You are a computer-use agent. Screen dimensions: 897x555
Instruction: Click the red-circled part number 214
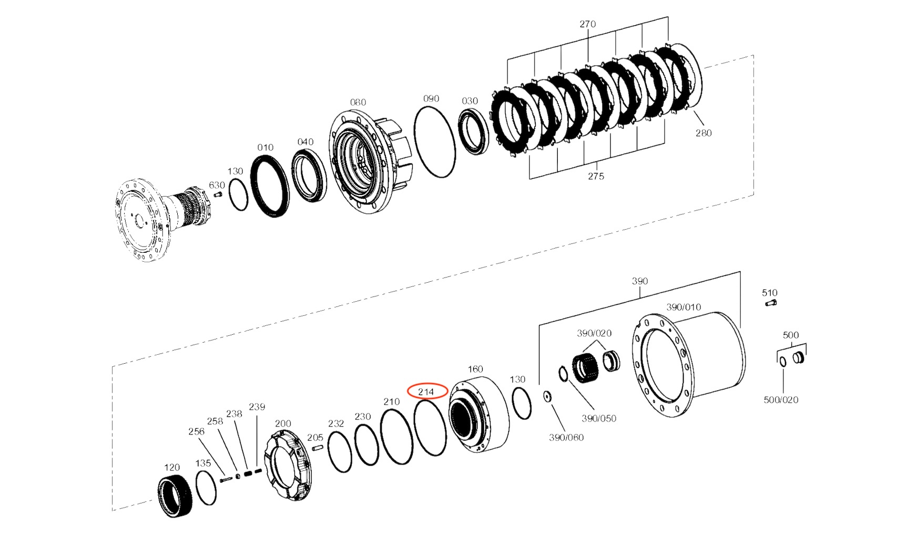[x=426, y=392]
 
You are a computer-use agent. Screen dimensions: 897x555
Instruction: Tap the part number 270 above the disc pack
[x=587, y=24]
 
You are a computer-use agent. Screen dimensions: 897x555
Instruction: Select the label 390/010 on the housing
[x=684, y=307]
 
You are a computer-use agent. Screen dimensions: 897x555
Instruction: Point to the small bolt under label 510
[x=771, y=303]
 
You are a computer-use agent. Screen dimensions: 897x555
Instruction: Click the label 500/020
[x=781, y=400]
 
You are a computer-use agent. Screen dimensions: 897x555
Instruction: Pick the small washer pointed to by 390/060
[x=547, y=397]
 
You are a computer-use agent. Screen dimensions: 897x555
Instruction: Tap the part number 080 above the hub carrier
[x=358, y=102]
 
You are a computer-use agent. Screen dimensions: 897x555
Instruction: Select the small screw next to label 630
[x=218, y=194]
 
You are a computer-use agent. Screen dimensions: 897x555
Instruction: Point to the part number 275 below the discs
[x=596, y=176]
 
